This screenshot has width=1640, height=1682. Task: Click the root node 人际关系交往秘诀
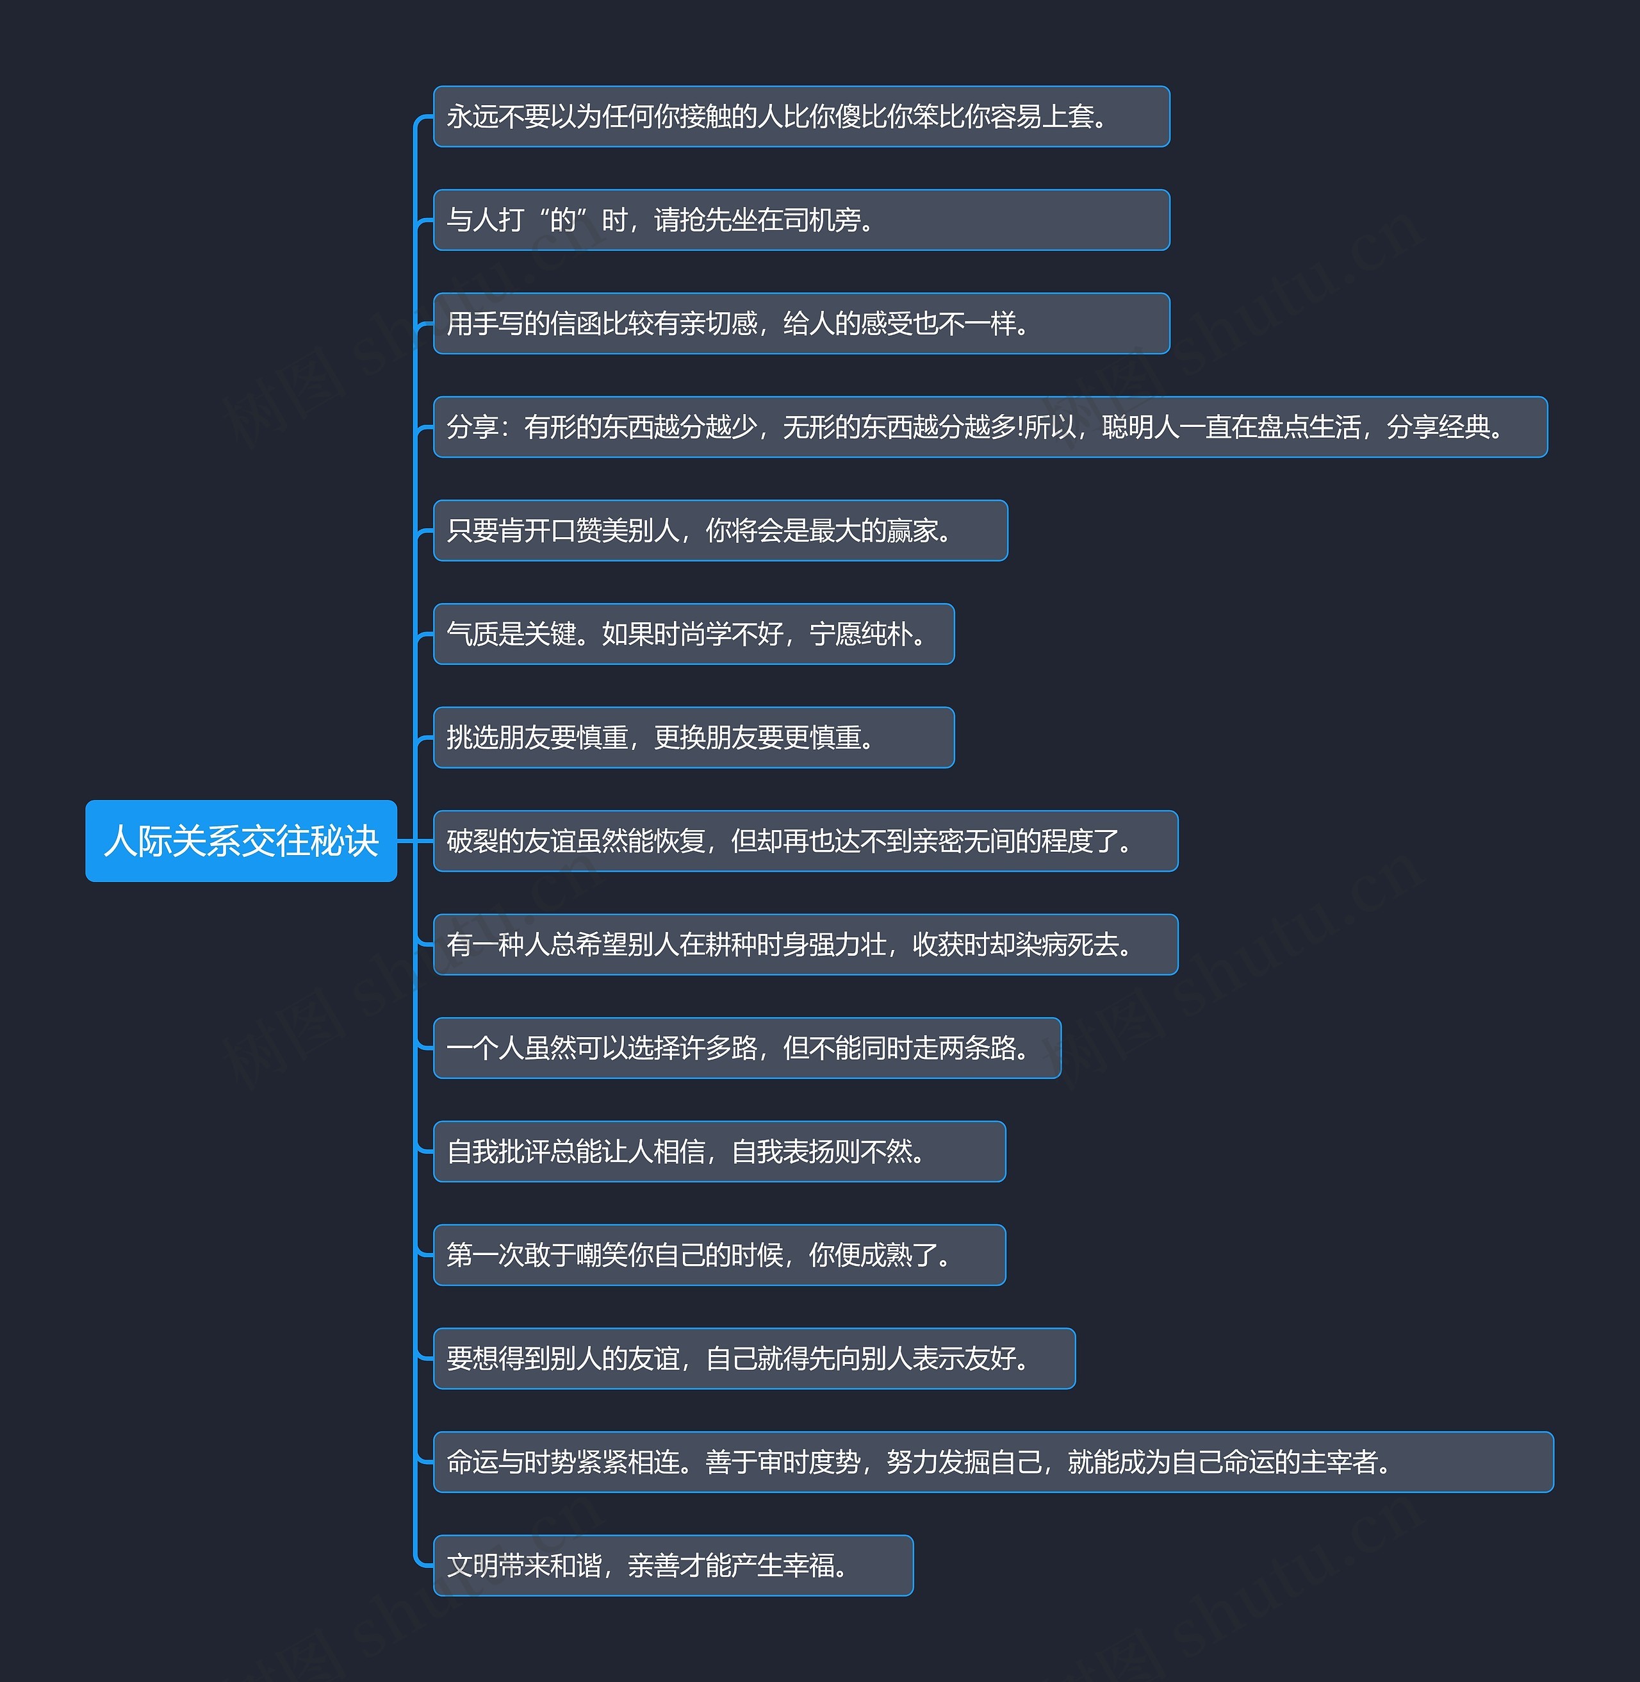pyautogui.click(x=241, y=841)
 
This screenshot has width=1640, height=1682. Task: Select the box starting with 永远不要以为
pyautogui.click(x=801, y=116)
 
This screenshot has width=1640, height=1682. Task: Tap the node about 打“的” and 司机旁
pyautogui.click(x=801, y=220)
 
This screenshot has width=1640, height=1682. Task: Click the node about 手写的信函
pyautogui.click(x=801, y=323)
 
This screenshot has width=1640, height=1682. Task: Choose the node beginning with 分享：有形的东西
pyautogui.click(x=990, y=426)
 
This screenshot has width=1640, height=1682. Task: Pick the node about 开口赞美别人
pyautogui.click(x=720, y=531)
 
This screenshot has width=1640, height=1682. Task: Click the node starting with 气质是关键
pyautogui.click(x=693, y=634)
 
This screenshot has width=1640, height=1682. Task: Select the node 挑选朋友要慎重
pyautogui.click(x=693, y=738)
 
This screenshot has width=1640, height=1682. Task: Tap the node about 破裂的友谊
pyautogui.click(x=805, y=841)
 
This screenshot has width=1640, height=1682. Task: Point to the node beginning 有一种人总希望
pyautogui.click(x=805, y=944)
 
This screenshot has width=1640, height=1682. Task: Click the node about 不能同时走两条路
pyautogui.click(x=747, y=1048)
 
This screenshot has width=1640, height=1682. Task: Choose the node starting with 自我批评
pyautogui.click(x=719, y=1151)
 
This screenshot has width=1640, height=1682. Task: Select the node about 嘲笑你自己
pyautogui.click(x=719, y=1254)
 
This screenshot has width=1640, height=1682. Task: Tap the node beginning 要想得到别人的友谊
pyautogui.click(x=753, y=1358)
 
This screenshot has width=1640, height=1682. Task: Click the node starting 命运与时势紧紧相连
pyautogui.click(x=993, y=1461)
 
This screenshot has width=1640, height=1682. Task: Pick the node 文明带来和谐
pyautogui.click(x=673, y=1565)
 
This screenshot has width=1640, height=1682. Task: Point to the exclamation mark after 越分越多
pyautogui.click(x=1021, y=426)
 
